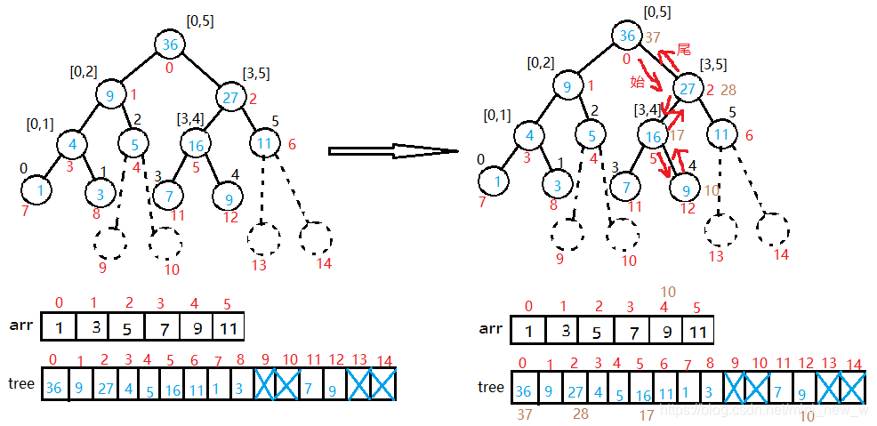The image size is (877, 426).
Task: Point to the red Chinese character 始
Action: [x=637, y=82]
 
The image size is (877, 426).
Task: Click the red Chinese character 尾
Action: [x=683, y=51]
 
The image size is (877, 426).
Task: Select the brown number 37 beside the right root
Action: [x=653, y=37]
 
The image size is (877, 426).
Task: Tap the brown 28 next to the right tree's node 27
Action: [x=729, y=91]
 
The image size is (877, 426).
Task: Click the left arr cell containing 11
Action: [x=228, y=326]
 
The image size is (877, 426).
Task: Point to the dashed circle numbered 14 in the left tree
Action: [x=316, y=237]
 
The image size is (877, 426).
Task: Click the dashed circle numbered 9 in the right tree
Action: [x=567, y=234]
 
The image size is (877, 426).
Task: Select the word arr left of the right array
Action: [x=491, y=328]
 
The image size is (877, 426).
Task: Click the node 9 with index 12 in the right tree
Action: [x=685, y=188]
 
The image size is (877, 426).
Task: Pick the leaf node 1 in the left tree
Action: [x=36, y=189]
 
